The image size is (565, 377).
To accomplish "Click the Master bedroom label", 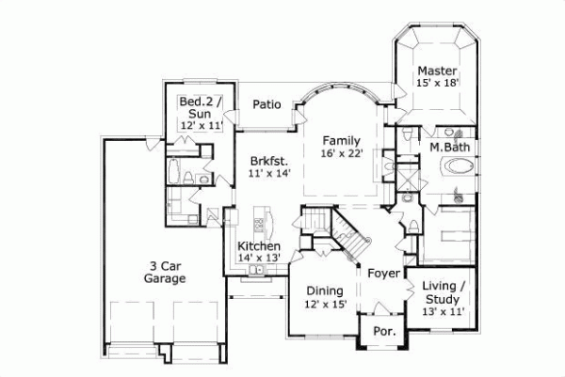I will pyautogui.click(x=437, y=71).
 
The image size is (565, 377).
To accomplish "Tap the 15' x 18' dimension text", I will pyautogui.click(x=437, y=84).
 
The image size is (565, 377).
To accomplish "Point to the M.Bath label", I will pyautogui.click(x=450, y=148).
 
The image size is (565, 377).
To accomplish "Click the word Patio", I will pyautogui.click(x=267, y=105).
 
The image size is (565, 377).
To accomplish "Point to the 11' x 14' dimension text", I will pyautogui.click(x=270, y=173).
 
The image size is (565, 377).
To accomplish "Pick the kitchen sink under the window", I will pyautogui.click(x=255, y=272).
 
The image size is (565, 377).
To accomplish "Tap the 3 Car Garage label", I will pyautogui.click(x=164, y=273).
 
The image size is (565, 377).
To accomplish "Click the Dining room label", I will pyautogui.click(x=323, y=291).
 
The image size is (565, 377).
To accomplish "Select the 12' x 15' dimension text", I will pyautogui.click(x=323, y=304).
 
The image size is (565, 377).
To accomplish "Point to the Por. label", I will pyautogui.click(x=383, y=332).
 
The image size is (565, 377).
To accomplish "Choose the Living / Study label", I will pyautogui.click(x=443, y=291).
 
